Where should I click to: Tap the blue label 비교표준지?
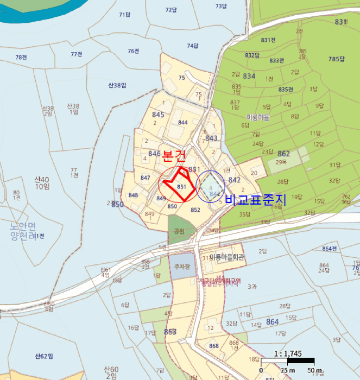click(251, 200)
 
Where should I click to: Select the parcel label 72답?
click(171, 10)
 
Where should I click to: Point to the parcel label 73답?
click(221, 7)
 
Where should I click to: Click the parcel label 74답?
click(192, 46)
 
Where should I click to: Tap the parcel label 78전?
click(21, 58)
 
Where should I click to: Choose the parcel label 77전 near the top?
click(76, 54)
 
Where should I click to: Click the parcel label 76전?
click(134, 51)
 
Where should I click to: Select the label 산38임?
click(117, 85)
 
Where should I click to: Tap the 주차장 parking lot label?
click(180, 267)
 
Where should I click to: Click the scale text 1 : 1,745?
click(288, 353)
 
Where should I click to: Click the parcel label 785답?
click(337, 59)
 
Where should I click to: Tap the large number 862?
click(283, 154)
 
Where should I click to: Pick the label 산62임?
click(44, 356)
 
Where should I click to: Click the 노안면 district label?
click(22, 226)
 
